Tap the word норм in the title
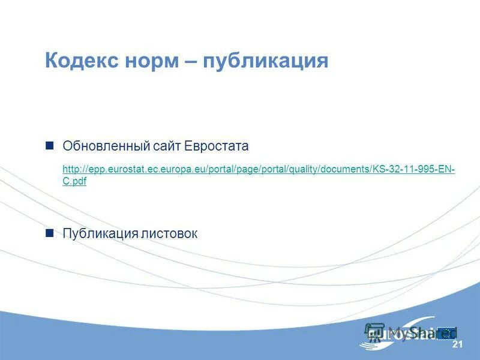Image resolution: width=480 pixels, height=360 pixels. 149,61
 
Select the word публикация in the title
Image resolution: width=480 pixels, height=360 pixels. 266,61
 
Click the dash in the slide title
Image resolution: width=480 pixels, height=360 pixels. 190,61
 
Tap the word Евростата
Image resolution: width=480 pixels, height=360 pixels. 216,146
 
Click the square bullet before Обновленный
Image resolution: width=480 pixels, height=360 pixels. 50,146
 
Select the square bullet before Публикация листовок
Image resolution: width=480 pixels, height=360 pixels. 50,233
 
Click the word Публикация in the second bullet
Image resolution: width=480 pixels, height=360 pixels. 100,233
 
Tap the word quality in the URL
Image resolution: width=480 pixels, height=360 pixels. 304,170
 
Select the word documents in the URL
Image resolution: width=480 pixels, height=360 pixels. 346,170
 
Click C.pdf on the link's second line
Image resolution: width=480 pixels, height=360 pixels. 74,181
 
